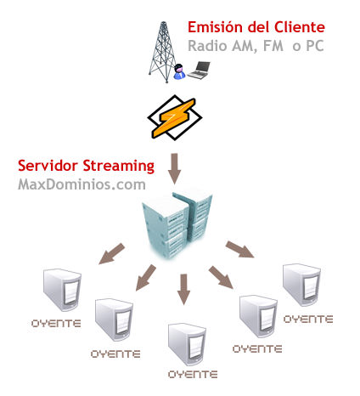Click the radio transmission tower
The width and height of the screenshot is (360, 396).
163,52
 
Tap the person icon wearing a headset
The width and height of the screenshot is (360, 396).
179,71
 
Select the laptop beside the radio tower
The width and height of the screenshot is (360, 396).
199,70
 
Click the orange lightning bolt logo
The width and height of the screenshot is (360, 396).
175,117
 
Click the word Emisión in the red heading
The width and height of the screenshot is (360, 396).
215,27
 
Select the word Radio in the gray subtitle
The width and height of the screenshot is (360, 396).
207,46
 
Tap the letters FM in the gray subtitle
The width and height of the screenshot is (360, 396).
273,46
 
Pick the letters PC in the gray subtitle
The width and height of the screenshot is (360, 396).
315,46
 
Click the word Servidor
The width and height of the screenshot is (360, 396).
48,166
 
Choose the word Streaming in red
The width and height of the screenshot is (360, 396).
119,167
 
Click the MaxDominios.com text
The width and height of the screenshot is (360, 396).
82,184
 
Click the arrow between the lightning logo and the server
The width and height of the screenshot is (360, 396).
174,169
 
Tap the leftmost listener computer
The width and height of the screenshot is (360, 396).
62,290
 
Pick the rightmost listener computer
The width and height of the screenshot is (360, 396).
301,285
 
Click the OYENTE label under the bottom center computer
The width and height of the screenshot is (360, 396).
193,375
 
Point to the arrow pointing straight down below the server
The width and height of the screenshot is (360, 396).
183,289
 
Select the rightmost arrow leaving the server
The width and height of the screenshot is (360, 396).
239,250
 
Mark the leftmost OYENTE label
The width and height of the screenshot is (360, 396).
56,324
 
